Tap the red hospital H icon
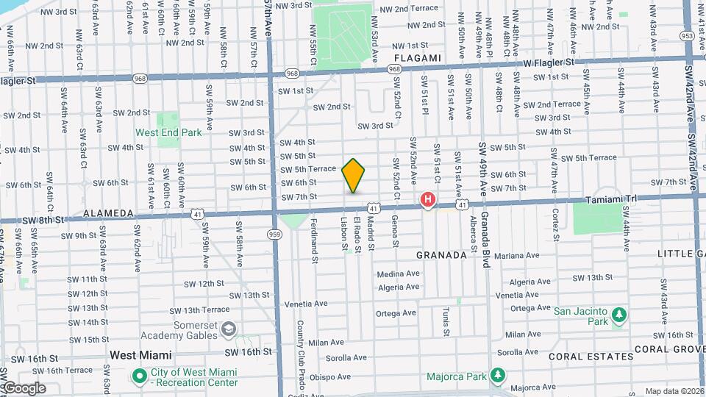427,199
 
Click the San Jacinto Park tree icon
620,315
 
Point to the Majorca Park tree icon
498,376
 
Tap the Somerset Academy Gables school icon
229,328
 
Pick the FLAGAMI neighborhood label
417,58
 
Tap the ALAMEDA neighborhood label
109,213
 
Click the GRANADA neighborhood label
442,255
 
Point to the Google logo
24,387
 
